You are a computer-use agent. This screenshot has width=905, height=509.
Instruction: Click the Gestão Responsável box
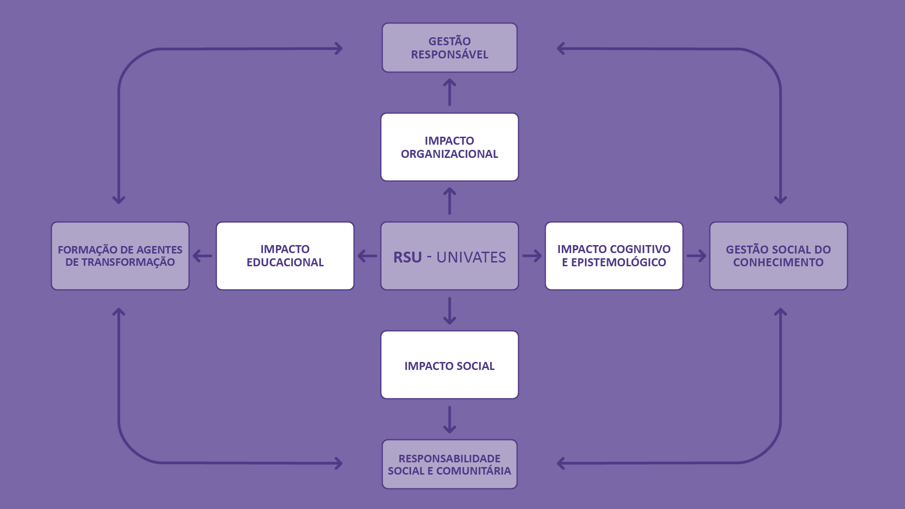tap(449, 48)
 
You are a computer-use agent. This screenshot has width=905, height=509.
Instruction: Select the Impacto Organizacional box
tap(449, 147)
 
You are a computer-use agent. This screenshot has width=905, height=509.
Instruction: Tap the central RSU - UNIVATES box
tap(449, 256)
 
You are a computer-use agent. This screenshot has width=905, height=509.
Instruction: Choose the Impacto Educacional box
tap(285, 256)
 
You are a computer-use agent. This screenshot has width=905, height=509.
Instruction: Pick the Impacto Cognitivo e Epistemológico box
tap(614, 256)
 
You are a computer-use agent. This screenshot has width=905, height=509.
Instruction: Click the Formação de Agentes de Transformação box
tap(120, 256)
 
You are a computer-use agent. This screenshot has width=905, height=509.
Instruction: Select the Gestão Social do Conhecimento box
tap(778, 256)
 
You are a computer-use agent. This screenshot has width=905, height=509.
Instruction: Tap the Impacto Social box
tap(449, 365)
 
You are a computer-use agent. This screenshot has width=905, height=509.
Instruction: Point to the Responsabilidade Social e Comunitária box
tap(449, 464)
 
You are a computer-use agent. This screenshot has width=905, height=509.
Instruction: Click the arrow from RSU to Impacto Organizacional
tap(449, 201)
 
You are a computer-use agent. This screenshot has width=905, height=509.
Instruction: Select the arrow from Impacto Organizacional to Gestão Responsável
tap(449, 92)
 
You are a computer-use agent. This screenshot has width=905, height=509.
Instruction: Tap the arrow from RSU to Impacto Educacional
tap(367, 256)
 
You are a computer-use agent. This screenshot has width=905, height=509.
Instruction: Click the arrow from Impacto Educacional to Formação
tap(203, 256)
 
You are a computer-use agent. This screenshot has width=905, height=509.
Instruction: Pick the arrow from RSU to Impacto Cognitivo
tap(532, 256)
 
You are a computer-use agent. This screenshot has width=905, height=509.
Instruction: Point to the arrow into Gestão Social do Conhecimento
tap(696, 256)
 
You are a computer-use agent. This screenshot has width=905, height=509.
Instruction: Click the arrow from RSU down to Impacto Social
tap(449, 311)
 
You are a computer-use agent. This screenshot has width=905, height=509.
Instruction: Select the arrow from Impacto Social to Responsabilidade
tap(449, 419)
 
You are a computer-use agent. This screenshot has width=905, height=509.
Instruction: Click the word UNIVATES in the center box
tap(471, 257)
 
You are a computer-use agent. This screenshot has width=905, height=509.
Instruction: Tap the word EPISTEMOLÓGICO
tap(618, 263)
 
